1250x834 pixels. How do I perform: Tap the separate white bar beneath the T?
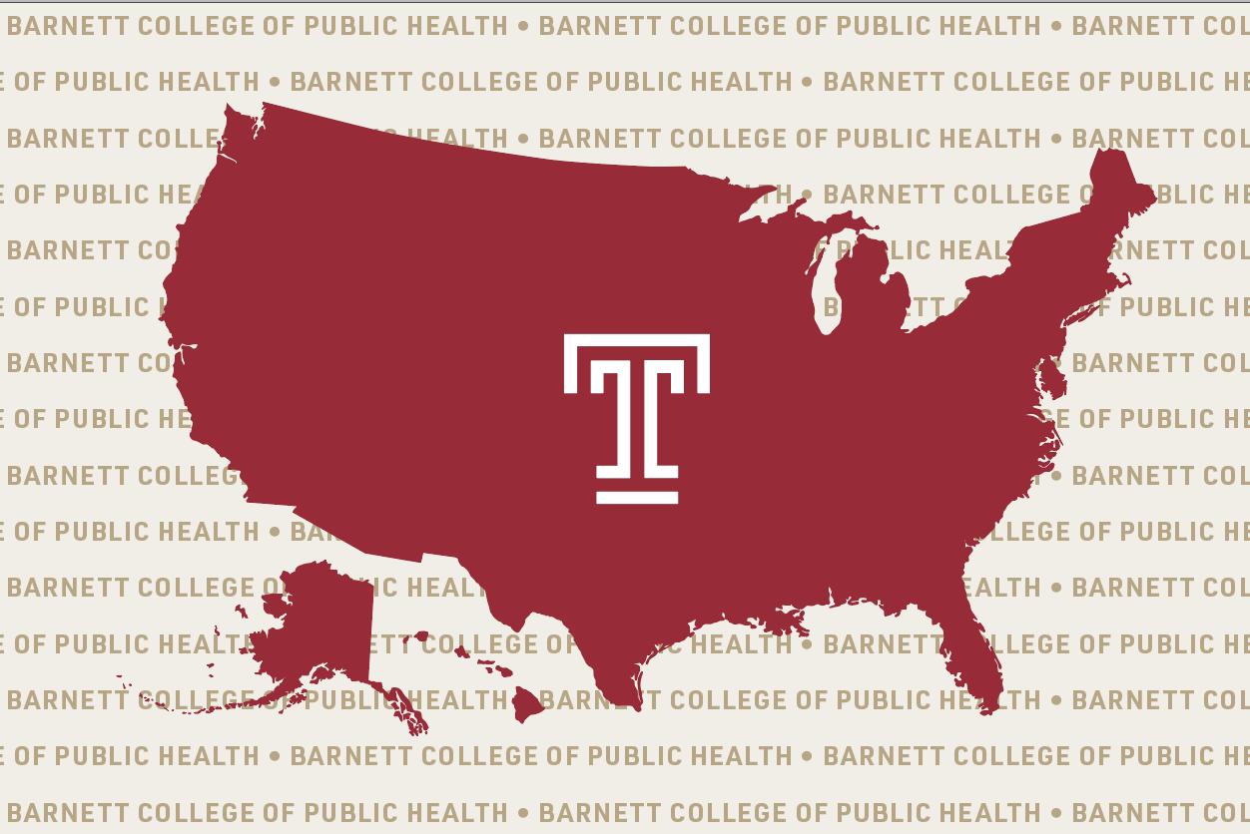click(637, 497)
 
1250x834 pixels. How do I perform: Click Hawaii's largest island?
click(528, 704)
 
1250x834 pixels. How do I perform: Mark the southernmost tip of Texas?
click(633, 705)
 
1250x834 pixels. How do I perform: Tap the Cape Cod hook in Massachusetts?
click(1123, 277)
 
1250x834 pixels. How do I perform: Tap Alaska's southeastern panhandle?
click(404, 708)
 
